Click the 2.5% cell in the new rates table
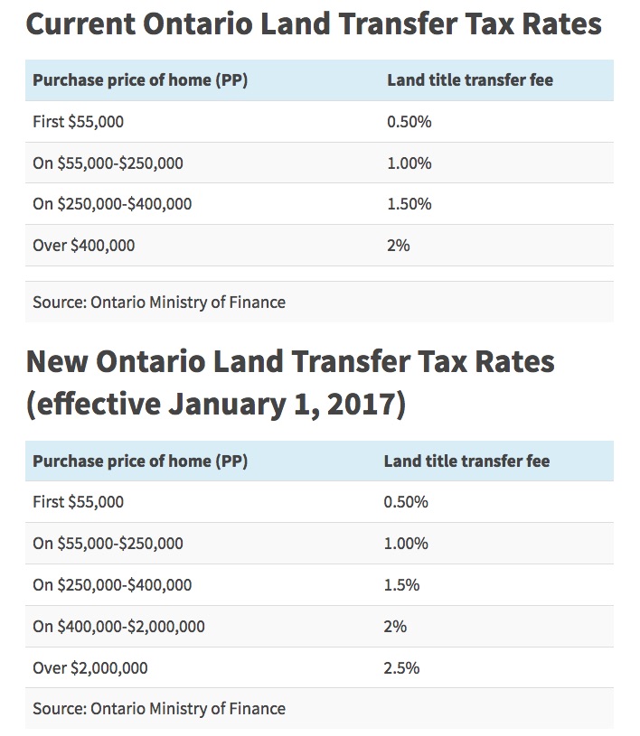click(401, 668)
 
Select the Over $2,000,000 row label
click(90, 668)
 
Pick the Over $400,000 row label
click(83, 245)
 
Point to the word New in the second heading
click(58, 362)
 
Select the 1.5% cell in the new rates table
click(401, 584)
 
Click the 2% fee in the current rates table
click(398, 245)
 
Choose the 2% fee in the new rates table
click(395, 627)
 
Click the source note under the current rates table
click(159, 303)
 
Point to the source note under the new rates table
click(159, 709)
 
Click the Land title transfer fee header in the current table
click(469, 79)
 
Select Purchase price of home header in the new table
click(140, 461)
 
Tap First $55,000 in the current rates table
click(78, 122)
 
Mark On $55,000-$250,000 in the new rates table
click(108, 544)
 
